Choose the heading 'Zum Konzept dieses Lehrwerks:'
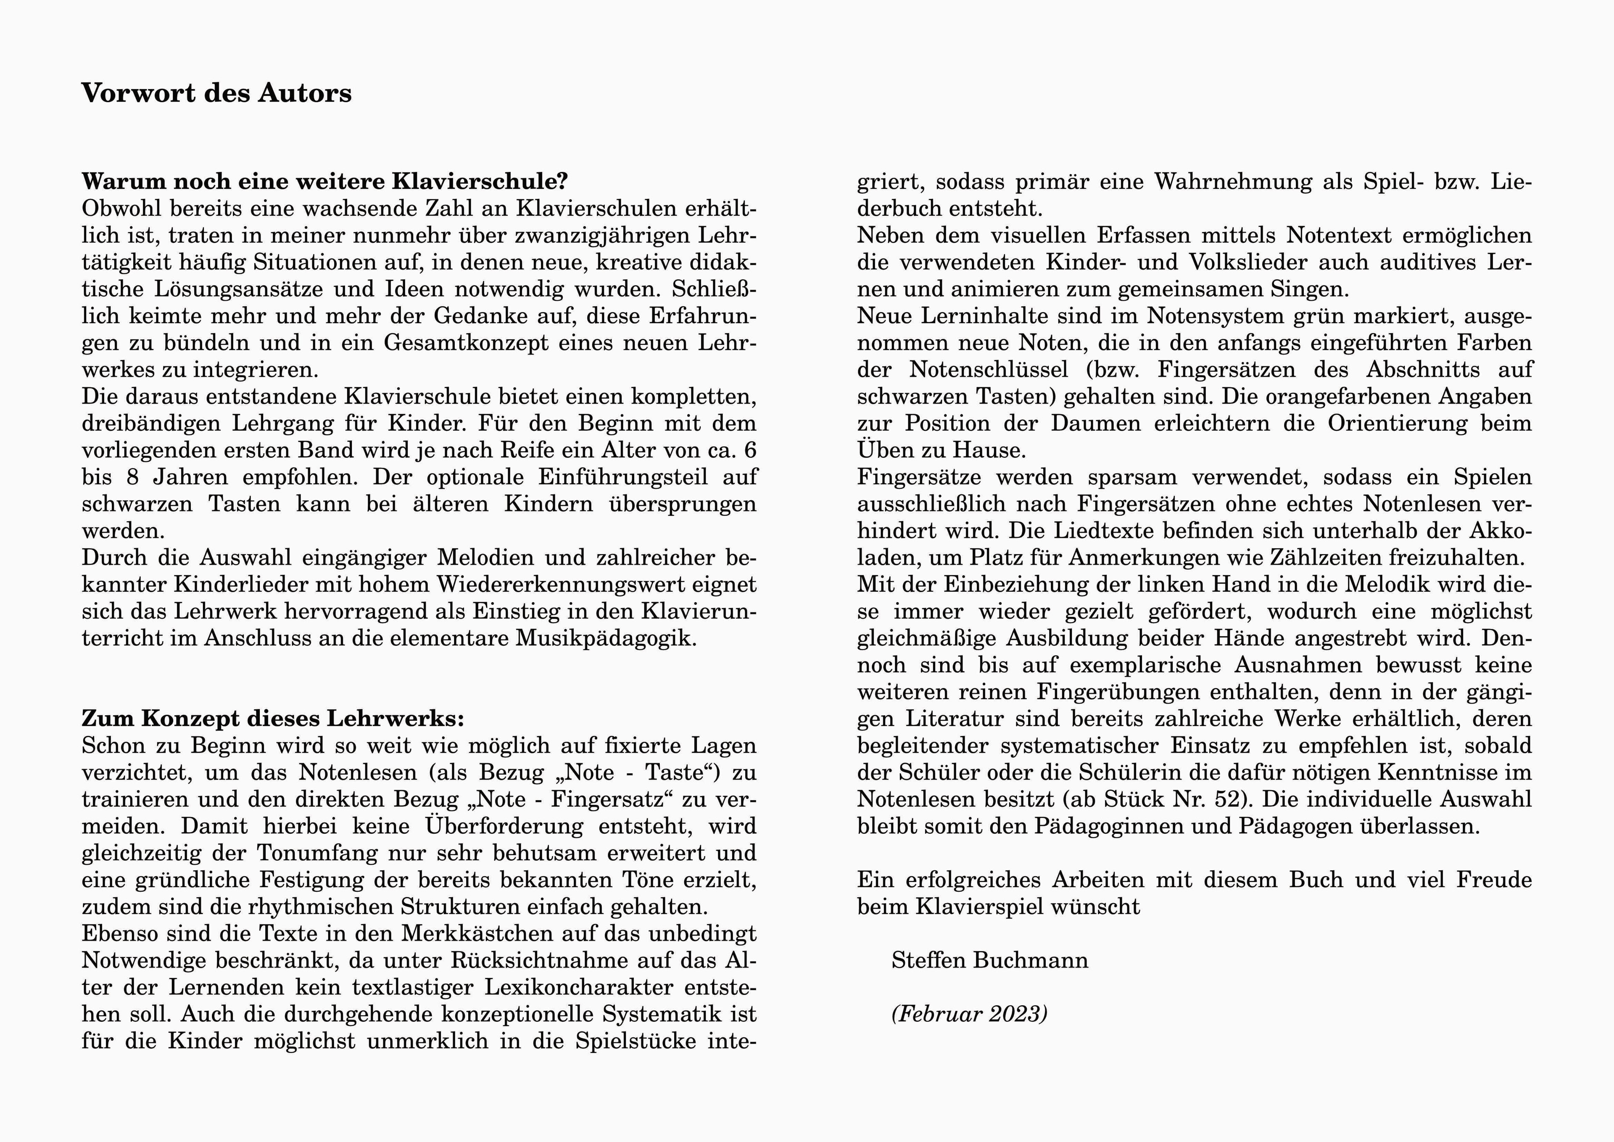(x=273, y=719)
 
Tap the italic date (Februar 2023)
(x=969, y=1014)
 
